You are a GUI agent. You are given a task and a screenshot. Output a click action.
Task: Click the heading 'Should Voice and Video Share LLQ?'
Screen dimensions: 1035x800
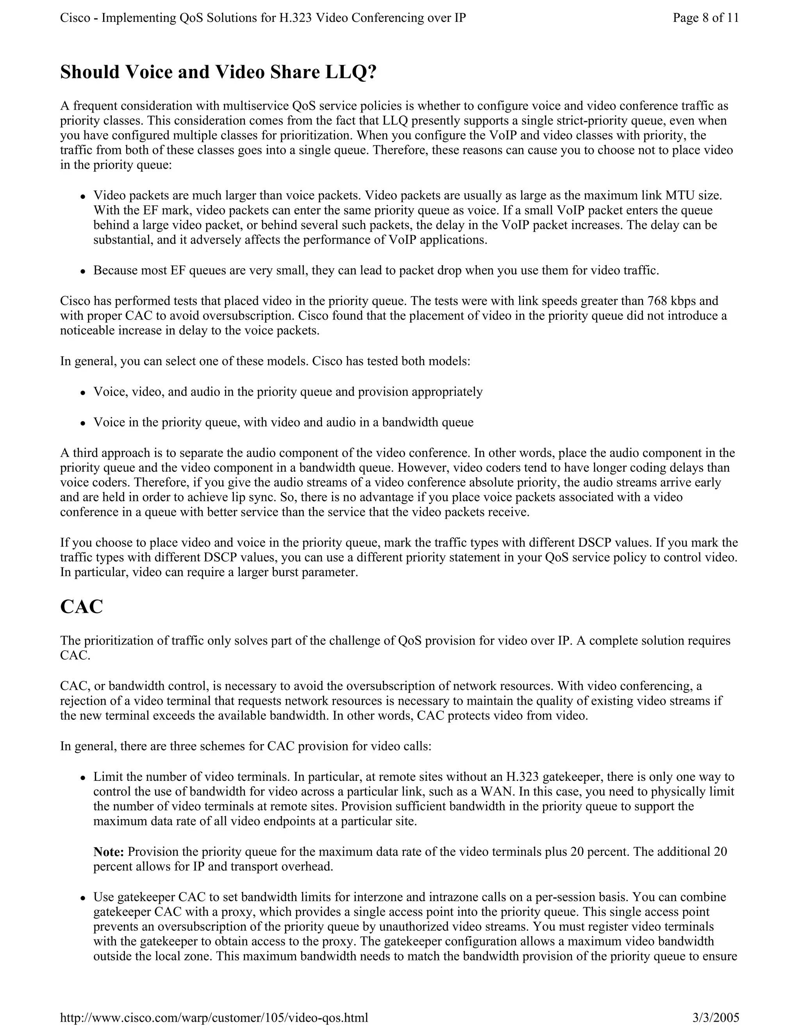coord(218,72)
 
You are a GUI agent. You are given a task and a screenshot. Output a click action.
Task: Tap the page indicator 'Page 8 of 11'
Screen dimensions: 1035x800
coord(705,18)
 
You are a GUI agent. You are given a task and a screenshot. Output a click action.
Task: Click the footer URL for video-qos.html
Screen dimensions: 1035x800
coord(214,1017)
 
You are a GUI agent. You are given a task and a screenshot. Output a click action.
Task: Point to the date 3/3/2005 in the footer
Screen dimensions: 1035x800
coord(715,1017)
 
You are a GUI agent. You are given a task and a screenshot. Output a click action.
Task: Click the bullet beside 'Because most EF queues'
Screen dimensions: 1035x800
coord(82,271)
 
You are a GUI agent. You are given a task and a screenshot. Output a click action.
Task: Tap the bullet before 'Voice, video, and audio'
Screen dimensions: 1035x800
coord(82,393)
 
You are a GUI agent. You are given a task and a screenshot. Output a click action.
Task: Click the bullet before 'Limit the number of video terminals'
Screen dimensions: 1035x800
coord(82,778)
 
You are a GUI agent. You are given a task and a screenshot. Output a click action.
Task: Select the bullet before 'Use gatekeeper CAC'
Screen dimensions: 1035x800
coord(82,898)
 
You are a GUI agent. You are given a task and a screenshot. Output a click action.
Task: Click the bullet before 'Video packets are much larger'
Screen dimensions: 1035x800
coord(82,196)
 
